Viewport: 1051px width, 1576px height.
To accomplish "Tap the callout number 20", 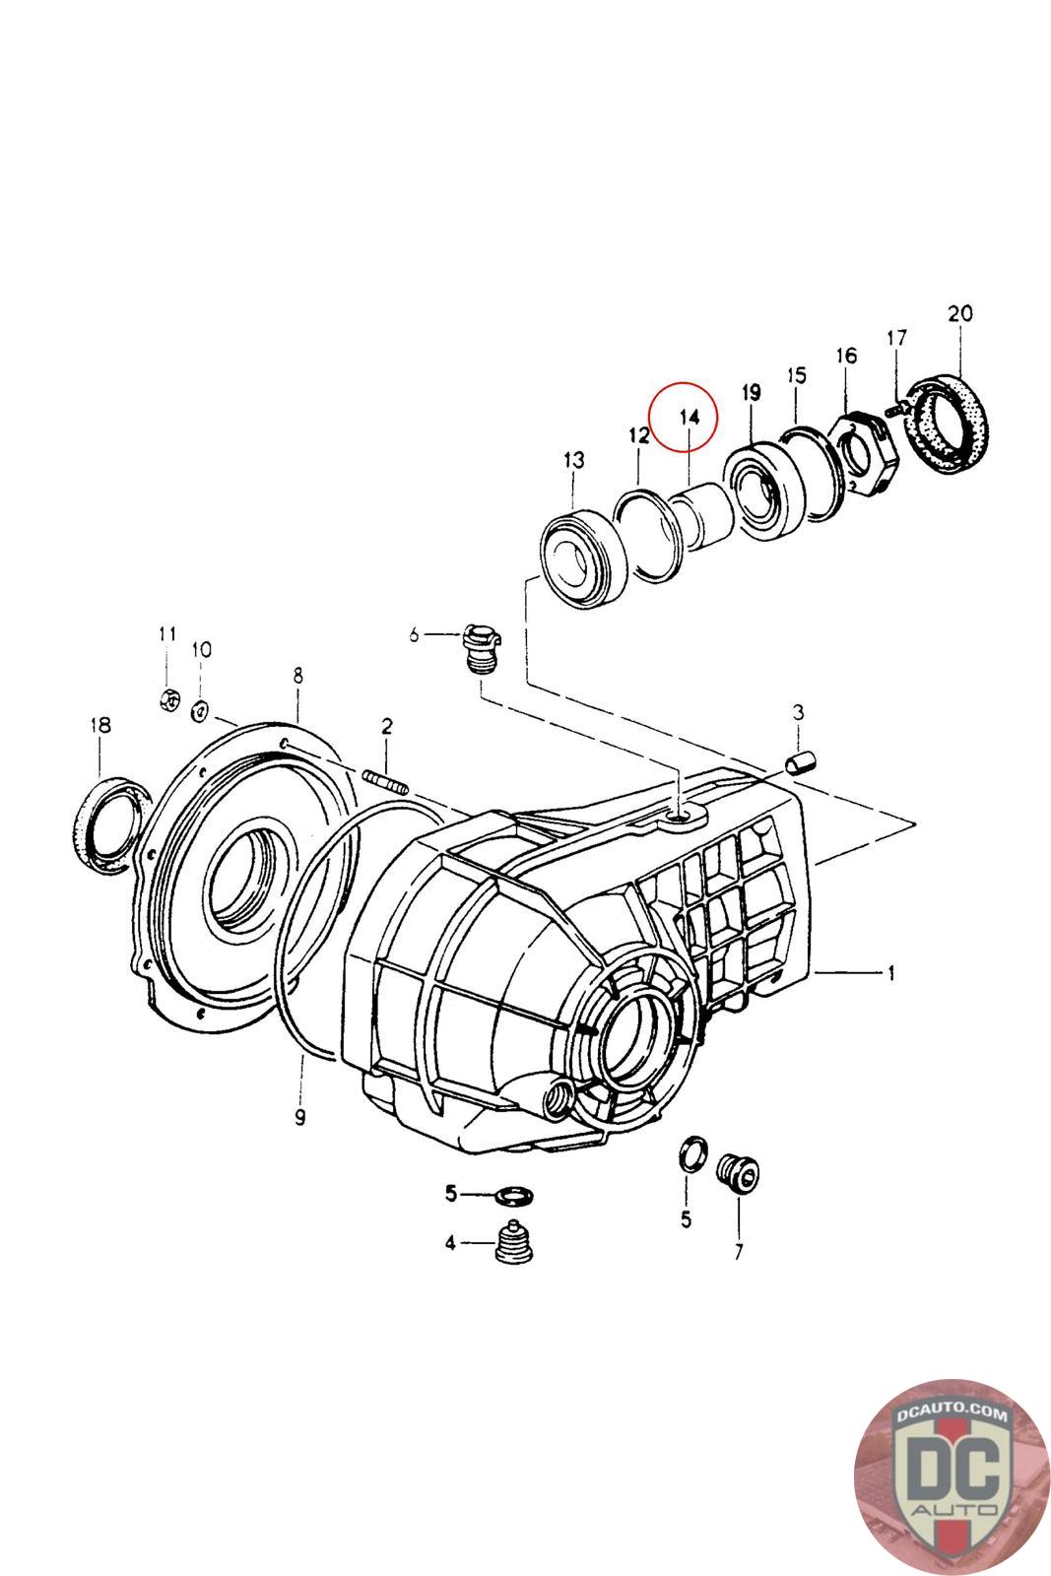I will point(959,314).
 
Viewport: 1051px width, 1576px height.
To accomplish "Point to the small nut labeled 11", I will point(168,699).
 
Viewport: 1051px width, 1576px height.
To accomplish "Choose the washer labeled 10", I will point(201,708).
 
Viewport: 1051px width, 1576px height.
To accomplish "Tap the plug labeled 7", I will point(738,1170).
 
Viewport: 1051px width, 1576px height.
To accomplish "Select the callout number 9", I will point(299,1116).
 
